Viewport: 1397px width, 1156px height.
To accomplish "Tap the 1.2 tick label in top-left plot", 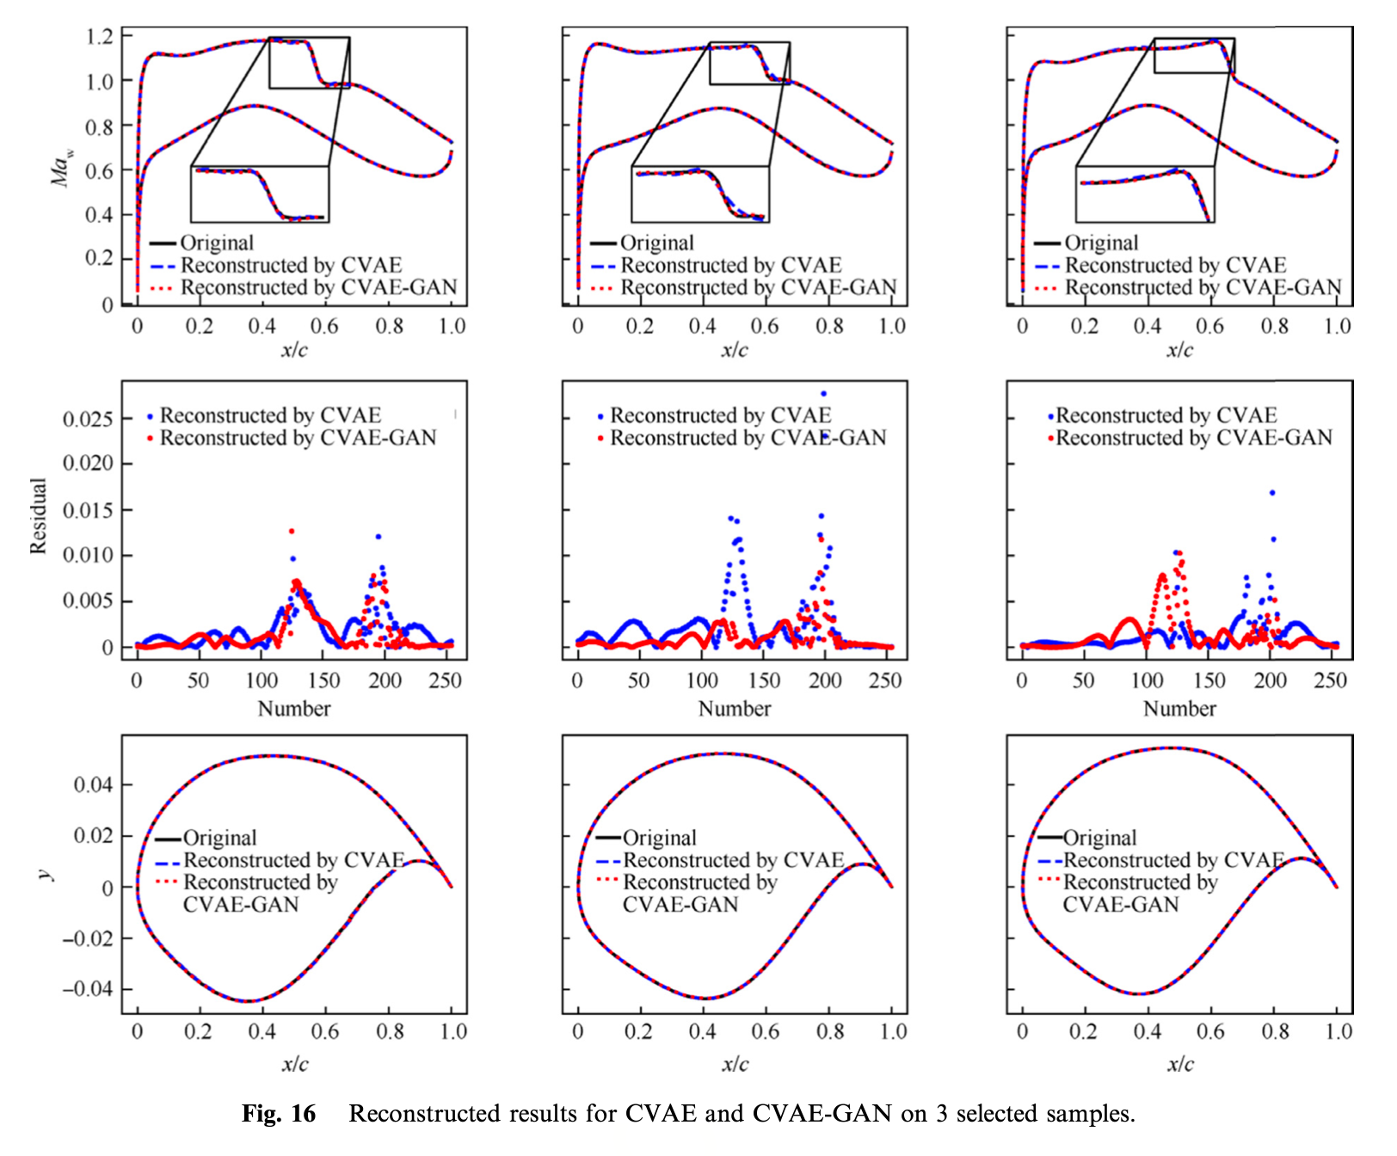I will [x=100, y=37].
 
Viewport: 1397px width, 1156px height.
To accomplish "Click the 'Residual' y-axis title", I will [x=38, y=515].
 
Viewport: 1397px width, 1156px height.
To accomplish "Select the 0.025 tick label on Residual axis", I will [x=88, y=419].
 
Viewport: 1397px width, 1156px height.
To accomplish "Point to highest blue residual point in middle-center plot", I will [x=823, y=394].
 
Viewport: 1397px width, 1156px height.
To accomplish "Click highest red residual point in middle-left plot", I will [x=292, y=532].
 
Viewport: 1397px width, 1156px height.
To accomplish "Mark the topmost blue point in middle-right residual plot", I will [x=1271, y=493].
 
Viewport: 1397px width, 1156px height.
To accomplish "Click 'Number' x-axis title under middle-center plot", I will [x=734, y=709].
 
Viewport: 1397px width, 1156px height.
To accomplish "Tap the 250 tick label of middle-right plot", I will [x=1330, y=680].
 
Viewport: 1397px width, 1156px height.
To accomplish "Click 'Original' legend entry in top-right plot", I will [x=1100, y=243].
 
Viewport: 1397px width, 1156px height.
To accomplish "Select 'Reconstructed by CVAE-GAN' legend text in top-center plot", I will [x=758, y=287].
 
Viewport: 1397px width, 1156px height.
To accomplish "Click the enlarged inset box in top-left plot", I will [x=260, y=194].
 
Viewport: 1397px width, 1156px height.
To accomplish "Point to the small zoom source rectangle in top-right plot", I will [x=1193, y=56].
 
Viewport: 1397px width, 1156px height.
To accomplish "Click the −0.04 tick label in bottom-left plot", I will [x=87, y=989].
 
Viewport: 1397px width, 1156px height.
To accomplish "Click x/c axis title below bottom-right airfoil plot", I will [x=1179, y=1064].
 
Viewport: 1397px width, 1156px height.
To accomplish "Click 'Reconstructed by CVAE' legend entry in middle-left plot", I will [x=269, y=415].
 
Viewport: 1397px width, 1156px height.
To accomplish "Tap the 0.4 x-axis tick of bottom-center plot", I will [x=702, y=1031].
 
